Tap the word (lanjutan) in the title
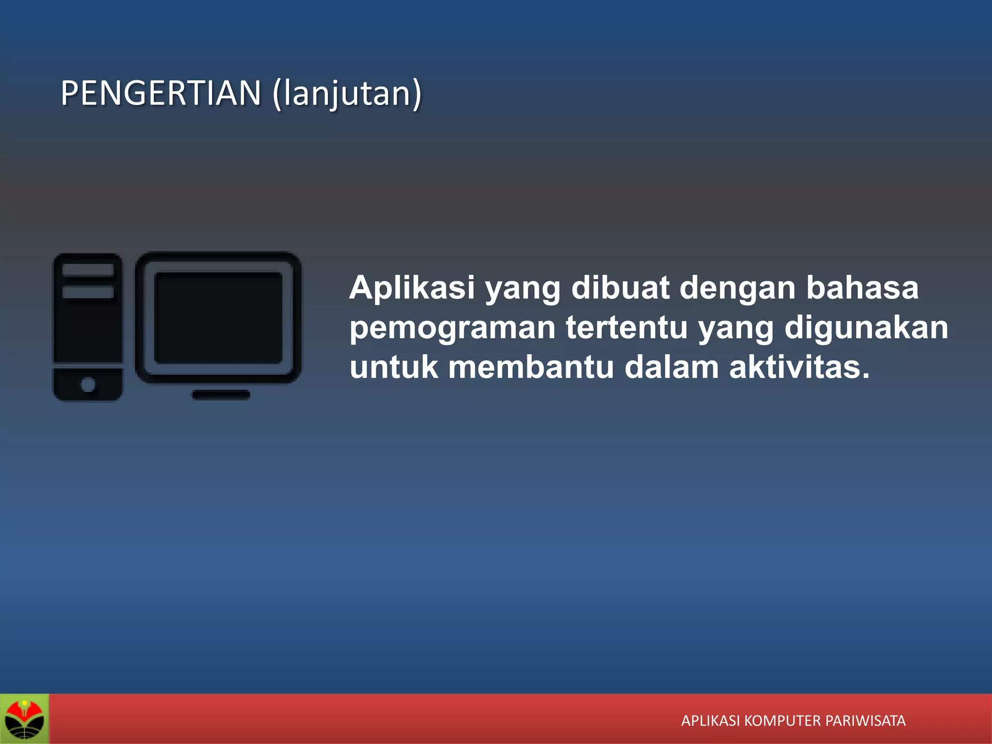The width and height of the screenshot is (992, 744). click(x=347, y=94)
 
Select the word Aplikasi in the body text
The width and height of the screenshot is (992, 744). click(x=412, y=288)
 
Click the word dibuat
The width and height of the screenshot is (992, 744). click(x=620, y=288)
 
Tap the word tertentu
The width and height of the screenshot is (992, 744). click(x=627, y=327)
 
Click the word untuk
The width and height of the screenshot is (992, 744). click(x=394, y=367)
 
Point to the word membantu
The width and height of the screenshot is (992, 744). click(x=531, y=367)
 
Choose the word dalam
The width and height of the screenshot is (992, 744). click(x=671, y=367)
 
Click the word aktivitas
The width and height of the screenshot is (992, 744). click(x=799, y=367)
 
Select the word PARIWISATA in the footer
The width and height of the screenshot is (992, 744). click(x=865, y=721)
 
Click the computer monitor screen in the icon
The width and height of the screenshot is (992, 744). click(x=218, y=318)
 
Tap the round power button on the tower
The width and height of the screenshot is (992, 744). click(x=88, y=385)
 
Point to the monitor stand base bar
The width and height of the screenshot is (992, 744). click(x=221, y=395)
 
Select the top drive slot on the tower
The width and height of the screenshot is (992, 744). click(x=88, y=269)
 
